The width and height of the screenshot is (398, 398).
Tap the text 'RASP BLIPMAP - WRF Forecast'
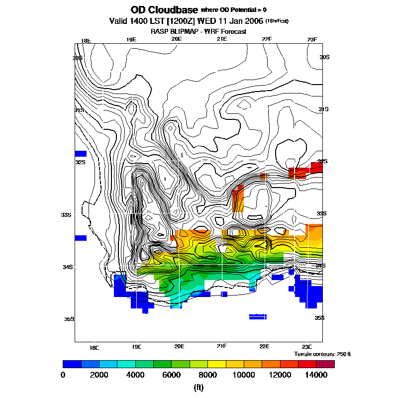(x=199, y=31)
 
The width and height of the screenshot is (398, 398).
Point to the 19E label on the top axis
(x=131, y=39)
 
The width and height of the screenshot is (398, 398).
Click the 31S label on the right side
(x=323, y=109)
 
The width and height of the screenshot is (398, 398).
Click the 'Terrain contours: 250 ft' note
(x=322, y=354)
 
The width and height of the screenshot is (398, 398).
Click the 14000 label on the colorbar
(x=316, y=375)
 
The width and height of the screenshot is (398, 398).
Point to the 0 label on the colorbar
(x=63, y=375)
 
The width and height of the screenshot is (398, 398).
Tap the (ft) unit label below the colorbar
(x=199, y=388)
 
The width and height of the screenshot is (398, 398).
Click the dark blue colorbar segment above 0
(x=72, y=364)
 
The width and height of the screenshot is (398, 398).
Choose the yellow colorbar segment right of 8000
(x=216, y=364)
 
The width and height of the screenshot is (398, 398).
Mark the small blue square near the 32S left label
(x=81, y=154)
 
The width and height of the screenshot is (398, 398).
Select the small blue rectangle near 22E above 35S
(x=258, y=316)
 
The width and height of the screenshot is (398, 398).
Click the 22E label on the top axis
(x=267, y=39)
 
